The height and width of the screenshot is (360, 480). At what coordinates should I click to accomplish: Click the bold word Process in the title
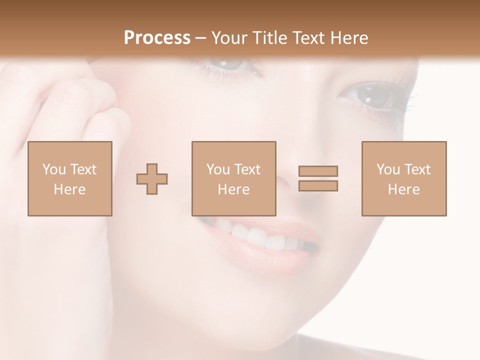157,38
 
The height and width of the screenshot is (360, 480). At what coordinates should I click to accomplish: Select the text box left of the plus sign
70,178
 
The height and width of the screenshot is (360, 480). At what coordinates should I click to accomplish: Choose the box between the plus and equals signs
233,178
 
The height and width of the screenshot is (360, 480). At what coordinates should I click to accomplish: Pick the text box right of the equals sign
404,178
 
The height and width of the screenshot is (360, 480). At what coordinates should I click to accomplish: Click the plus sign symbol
152,179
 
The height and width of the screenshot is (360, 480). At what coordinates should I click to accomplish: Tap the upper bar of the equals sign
318,171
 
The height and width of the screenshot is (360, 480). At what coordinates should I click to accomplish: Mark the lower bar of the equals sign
318,186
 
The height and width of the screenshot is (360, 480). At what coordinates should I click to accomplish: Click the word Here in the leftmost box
69,189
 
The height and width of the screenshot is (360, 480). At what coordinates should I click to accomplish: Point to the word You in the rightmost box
388,169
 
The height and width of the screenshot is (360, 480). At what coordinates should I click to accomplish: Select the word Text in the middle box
247,169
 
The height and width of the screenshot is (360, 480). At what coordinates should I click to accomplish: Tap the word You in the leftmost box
54,169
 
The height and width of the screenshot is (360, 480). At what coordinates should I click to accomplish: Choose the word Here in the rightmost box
403,189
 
